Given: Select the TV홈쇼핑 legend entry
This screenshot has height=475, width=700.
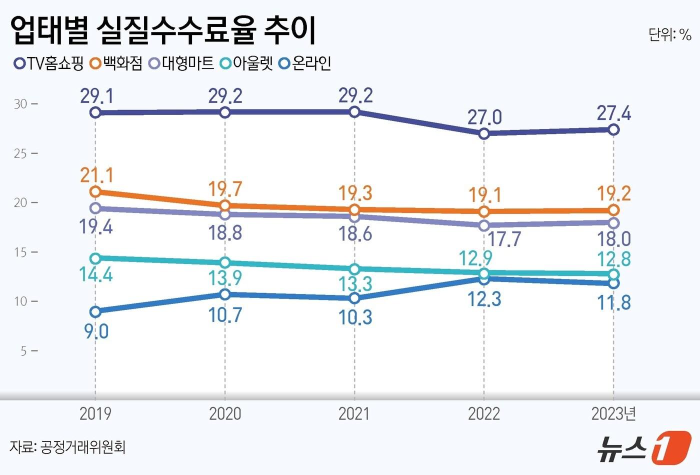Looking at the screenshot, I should [49, 63].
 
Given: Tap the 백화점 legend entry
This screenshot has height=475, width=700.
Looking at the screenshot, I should [116, 63].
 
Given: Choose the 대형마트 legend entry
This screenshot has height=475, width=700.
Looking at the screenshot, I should [181, 63].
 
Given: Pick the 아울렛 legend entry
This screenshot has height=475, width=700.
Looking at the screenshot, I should [247, 63].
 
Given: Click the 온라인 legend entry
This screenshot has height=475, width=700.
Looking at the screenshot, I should [305, 63].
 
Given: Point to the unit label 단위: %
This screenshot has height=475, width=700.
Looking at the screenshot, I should [669, 34].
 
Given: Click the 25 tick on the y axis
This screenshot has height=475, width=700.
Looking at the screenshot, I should [20, 153].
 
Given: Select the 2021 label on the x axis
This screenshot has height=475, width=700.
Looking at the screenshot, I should [354, 414].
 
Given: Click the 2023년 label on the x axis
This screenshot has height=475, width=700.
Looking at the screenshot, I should [613, 414].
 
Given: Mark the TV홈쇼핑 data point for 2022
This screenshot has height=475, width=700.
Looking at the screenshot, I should [484, 133].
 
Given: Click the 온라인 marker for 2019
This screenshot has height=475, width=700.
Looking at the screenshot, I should [95, 312].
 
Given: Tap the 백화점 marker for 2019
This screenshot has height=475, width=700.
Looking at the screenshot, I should [95, 191].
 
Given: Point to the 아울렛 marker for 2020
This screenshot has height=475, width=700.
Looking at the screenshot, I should [225, 262].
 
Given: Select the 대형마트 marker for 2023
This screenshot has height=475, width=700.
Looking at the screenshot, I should [613, 223].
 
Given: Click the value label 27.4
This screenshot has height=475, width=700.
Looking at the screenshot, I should [613, 114].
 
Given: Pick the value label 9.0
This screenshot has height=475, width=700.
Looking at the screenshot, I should [96, 331].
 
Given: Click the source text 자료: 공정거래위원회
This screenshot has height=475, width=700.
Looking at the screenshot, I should [67, 446].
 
